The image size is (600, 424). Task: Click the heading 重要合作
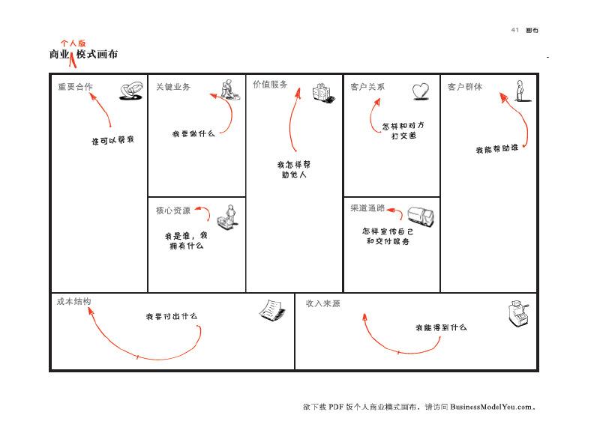[x=76, y=87]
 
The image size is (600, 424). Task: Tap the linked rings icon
[x=131, y=91]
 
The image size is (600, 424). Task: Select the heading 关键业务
[x=173, y=87]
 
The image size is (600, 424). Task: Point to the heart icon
[x=421, y=91]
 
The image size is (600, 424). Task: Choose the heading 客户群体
[x=465, y=87]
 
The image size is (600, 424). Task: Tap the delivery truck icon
[x=421, y=216]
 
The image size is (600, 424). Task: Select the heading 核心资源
[x=173, y=211]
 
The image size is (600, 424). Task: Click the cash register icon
[x=518, y=314]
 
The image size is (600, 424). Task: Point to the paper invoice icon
[x=272, y=309]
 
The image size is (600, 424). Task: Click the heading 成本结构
[x=73, y=301]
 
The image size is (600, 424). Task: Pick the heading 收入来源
[x=323, y=303]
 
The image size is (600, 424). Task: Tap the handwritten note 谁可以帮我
[x=113, y=140]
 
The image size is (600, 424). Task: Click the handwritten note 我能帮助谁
[x=497, y=148]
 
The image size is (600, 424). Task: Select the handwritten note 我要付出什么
[x=172, y=316]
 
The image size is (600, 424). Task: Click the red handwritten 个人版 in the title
[x=73, y=43]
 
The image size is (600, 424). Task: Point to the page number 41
[x=515, y=30]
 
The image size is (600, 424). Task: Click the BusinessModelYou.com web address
[x=491, y=407]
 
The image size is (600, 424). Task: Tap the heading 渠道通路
[x=367, y=208]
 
